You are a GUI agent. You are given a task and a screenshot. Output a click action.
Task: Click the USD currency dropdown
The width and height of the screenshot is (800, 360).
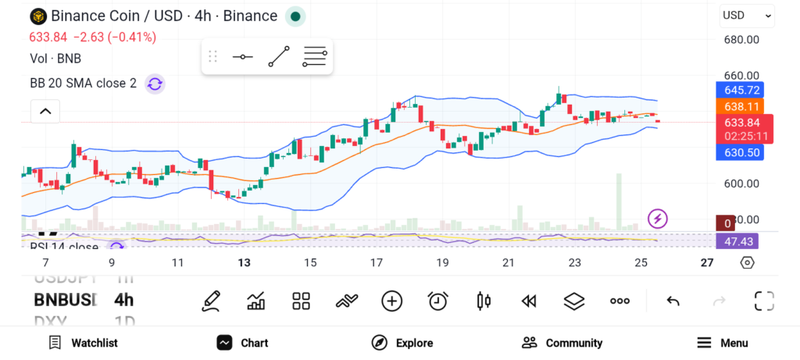point(746,15)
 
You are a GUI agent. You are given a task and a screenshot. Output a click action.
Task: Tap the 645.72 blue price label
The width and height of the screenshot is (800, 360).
point(742,90)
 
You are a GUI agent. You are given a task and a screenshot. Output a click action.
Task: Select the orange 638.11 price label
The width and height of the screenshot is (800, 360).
point(742,106)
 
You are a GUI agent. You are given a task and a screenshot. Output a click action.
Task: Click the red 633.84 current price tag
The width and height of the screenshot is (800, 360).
point(742,123)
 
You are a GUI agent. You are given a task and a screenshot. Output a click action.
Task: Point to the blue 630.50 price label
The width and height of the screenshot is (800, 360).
point(742,153)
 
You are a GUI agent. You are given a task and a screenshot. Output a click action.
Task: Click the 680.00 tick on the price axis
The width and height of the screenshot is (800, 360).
point(741,40)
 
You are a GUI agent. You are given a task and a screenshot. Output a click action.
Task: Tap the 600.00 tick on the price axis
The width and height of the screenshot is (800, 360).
point(741,184)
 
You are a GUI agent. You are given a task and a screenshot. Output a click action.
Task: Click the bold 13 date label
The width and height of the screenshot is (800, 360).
point(245,262)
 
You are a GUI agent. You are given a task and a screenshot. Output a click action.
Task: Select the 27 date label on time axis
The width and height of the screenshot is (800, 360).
point(707,262)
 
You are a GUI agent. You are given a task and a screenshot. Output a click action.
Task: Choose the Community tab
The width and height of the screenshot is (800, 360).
point(562,343)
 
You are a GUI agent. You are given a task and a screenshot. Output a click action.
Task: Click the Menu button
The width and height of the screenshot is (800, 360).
point(722,343)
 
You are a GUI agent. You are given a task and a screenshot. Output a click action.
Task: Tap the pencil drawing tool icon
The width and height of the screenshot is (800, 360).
point(210,301)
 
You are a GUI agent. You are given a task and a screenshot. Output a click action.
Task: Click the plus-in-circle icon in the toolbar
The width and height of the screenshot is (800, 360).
point(391,301)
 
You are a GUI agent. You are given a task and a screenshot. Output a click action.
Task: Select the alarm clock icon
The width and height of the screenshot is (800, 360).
point(437,301)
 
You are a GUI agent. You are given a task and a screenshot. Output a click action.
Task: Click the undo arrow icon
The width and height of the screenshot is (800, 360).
point(673,301)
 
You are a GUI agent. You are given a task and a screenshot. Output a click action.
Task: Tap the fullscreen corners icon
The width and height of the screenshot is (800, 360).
point(764,301)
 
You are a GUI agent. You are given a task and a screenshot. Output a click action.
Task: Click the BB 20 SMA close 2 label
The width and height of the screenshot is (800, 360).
point(83,84)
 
